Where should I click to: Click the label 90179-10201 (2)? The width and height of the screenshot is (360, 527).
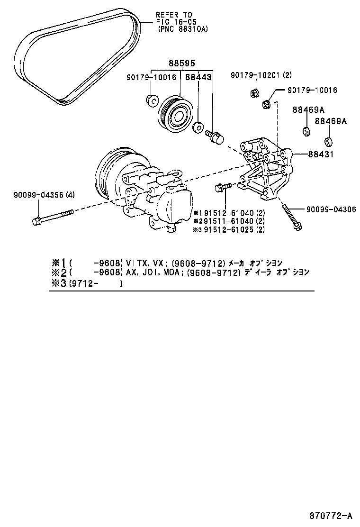tap(261, 75)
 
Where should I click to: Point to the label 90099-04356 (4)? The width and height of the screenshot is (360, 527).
tap(37, 195)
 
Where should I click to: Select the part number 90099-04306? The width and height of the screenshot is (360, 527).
tap(331, 209)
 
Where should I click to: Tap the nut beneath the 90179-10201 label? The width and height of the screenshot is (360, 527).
tap(253, 93)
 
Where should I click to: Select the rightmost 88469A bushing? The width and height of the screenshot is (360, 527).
tap(328, 141)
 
